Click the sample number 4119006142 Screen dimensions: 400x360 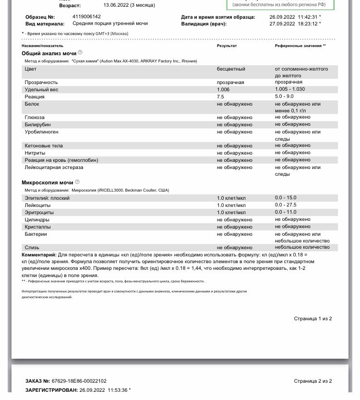point(86,17)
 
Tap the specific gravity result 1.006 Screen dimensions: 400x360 point(223,90)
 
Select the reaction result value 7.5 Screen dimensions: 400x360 point(220,97)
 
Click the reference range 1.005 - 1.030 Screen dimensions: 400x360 point(290,89)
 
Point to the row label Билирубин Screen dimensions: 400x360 point(37,125)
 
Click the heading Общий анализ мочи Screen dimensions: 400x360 point(48,53)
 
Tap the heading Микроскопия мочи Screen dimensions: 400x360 point(47,182)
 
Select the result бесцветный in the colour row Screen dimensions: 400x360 point(231,69)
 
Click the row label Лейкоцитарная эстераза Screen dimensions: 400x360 point(54,168)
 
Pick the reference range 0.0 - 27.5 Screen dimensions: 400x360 point(286,205)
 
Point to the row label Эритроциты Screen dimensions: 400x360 point(39,212)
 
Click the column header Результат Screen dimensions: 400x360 point(227,46)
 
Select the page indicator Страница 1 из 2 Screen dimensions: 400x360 point(312,319)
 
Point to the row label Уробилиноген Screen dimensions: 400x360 point(42,132)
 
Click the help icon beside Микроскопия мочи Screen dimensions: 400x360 point(77,182)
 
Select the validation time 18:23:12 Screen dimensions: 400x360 point(308,24)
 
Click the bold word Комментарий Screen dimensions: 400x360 point(39,255)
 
